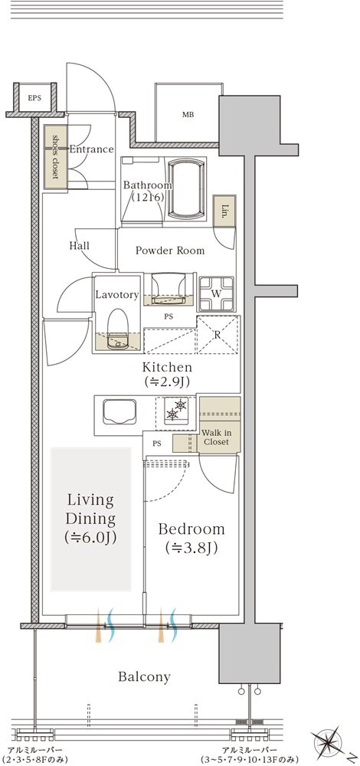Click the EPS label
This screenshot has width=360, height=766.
point(34,98)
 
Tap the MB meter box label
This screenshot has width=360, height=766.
point(188,116)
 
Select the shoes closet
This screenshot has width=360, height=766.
point(54,157)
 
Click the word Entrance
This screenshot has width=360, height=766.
point(91,149)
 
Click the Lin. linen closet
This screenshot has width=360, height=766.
point(224,211)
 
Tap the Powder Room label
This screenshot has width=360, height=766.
point(170,251)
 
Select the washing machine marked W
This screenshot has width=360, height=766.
point(216,293)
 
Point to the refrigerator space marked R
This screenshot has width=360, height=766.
point(218,335)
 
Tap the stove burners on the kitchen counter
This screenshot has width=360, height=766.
point(176,408)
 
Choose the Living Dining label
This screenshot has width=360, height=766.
point(90,519)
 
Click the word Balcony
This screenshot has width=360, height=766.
point(144,677)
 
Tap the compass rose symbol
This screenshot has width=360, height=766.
point(329,743)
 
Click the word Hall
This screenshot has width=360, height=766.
point(79,246)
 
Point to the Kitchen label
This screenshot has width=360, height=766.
point(167,375)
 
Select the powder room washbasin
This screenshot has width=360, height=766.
point(169,290)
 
